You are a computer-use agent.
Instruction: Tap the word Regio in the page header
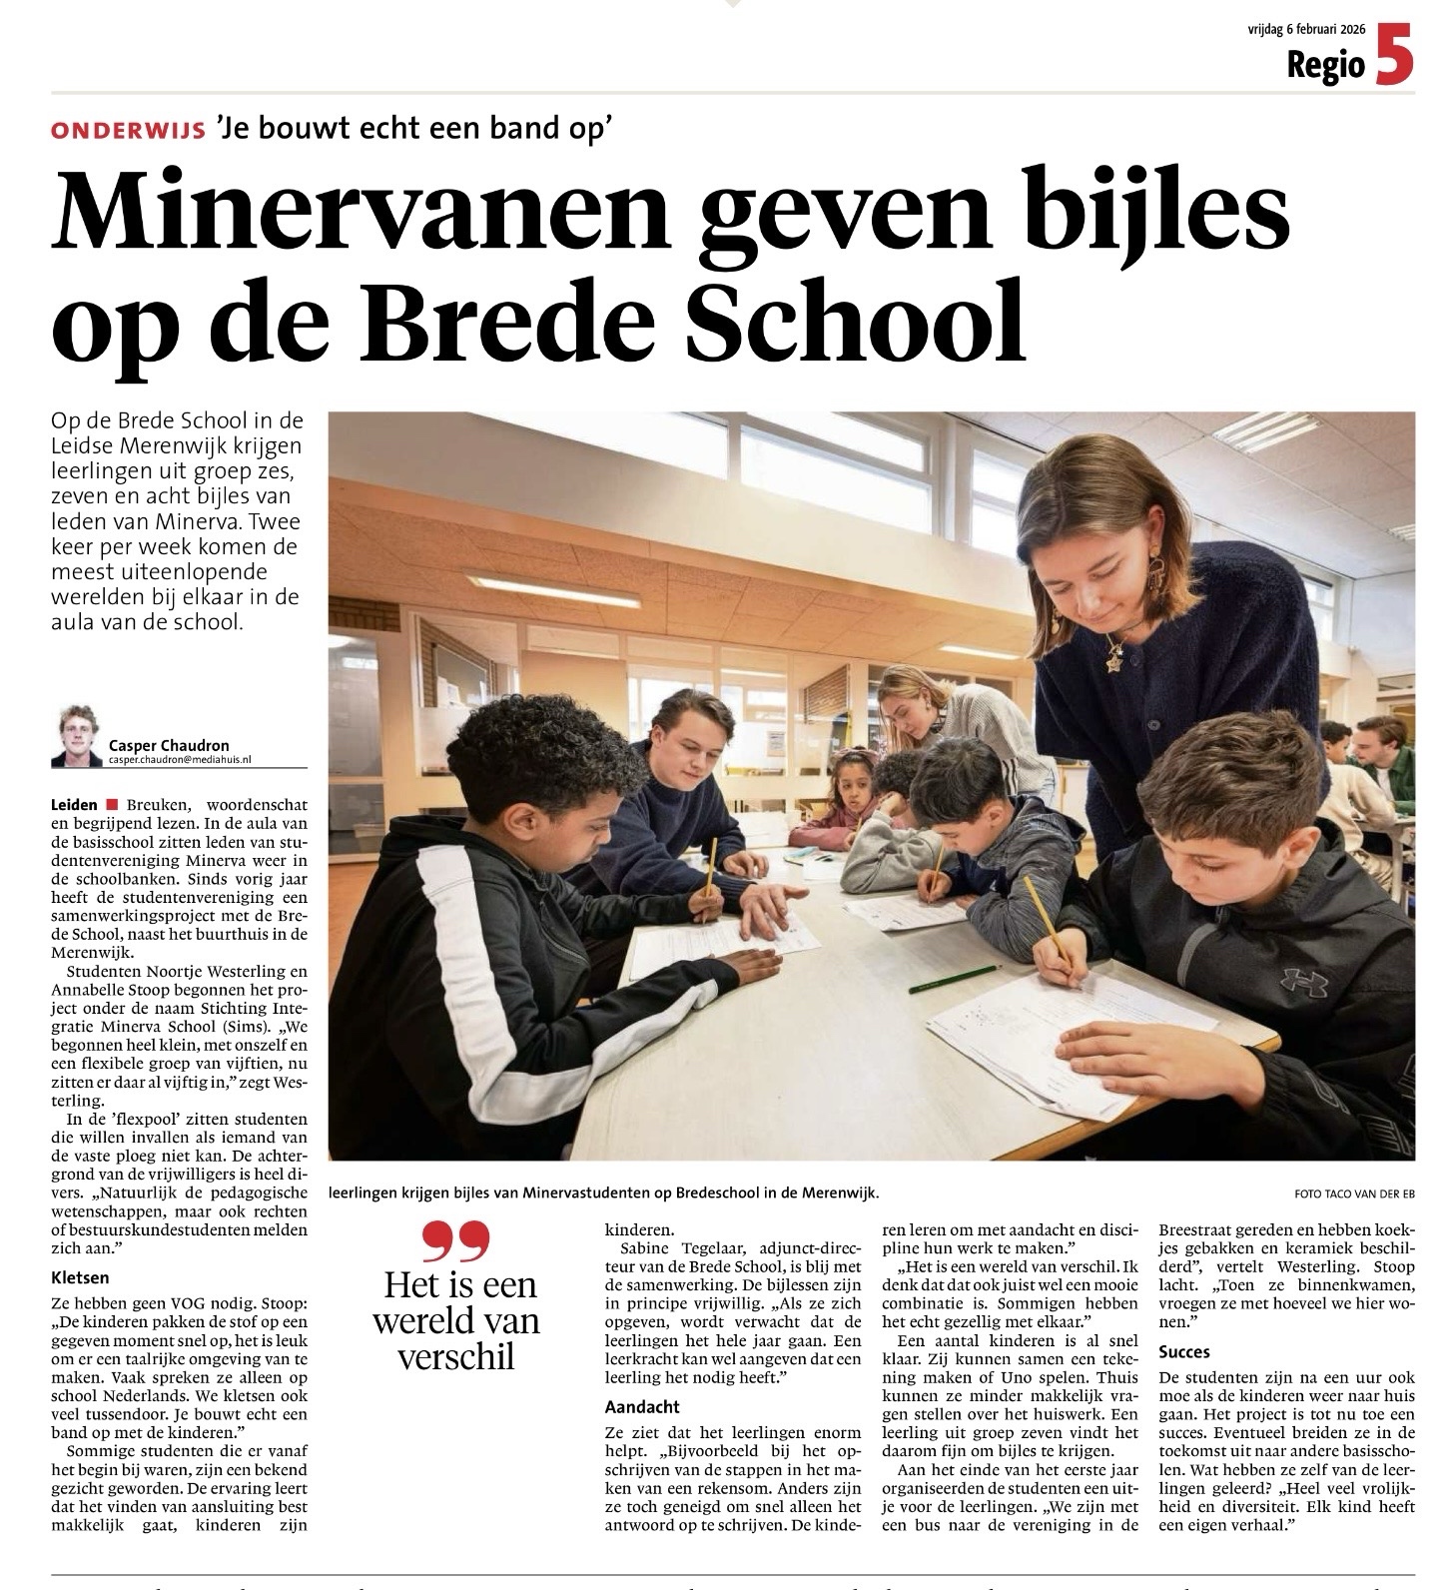click(x=1325, y=65)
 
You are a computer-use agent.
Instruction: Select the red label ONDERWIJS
click(x=128, y=130)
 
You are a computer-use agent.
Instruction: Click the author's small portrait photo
click(x=79, y=737)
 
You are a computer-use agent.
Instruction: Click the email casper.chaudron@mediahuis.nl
click(x=181, y=760)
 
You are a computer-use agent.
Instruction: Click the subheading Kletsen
click(x=80, y=1276)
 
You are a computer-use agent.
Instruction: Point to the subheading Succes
click(x=1184, y=1351)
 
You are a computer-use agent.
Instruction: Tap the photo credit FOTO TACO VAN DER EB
click(x=1354, y=1193)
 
